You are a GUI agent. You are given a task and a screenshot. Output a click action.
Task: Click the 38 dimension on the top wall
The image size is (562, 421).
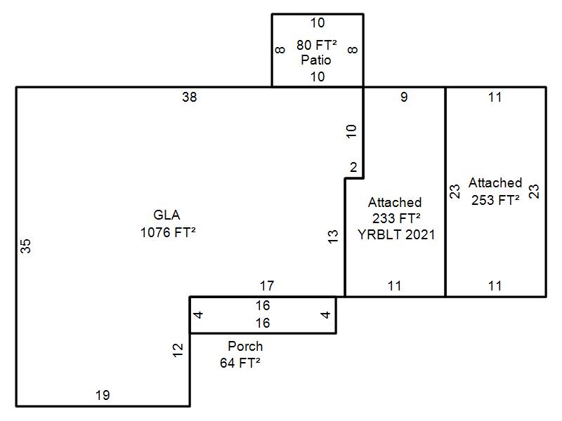pyautogui.click(x=190, y=98)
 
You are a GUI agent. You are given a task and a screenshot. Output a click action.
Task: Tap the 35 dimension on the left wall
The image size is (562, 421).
pyautogui.click(x=26, y=246)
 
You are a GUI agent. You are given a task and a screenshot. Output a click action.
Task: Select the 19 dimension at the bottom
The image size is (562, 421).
pyautogui.click(x=103, y=396)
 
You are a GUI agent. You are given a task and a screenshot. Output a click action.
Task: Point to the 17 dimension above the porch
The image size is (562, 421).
pyautogui.click(x=267, y=286)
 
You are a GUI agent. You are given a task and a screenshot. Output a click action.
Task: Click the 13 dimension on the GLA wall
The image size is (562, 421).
pyautogui.click(x=334, y=236)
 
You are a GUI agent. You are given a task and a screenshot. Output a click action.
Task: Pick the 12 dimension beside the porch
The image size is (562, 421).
pyautogui.click(x=178, y=347)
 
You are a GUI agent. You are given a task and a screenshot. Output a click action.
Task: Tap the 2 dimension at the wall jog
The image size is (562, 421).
pyautogui.click(x=353, y=168)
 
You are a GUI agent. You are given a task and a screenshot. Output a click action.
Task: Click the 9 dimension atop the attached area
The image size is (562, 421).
pyautogui.click(x=404, y=98)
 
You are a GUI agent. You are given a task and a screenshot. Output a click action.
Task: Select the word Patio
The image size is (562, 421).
pyautogui.click(x=316, y=60)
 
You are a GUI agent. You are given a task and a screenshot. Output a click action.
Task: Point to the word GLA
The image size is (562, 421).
pyautogui.click(x=166, y=215)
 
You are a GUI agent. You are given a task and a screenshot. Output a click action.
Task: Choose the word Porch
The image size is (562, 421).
pyautogui.click(x=245, y=346)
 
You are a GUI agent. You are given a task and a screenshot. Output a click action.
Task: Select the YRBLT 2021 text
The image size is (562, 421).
pyautogui.click(x=396, y=234)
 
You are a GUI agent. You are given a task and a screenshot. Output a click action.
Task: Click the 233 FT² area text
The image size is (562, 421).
pyautogui.click(x=396, y=218)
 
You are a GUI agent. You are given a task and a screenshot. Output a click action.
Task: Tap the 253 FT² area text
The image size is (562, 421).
pyautogui.click(x=495, y=199)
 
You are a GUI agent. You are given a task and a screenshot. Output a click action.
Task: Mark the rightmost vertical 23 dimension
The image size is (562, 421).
pyautogui.click(x=534, y=192)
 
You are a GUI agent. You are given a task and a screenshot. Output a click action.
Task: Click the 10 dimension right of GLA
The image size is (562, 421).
pyautogui.click(x=352, y=131)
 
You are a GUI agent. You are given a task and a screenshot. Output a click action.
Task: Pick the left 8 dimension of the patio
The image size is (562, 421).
pyautogui.click(x=280, y=50)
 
